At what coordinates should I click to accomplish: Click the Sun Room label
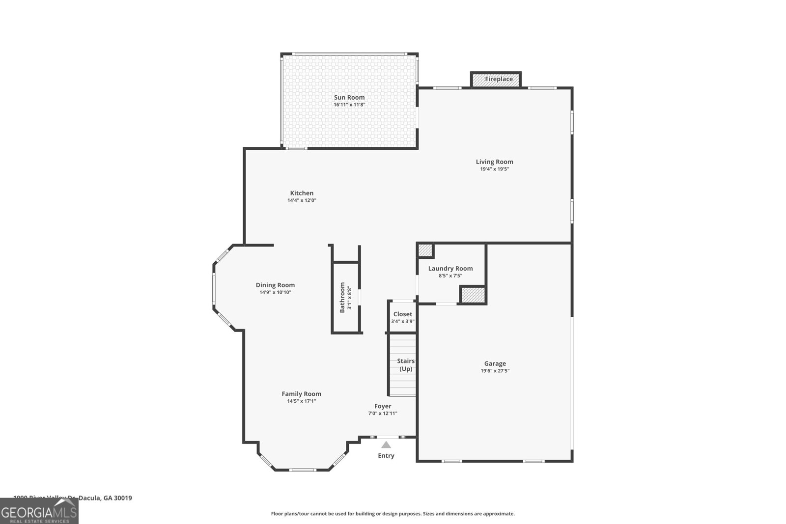click(x=349, y=97)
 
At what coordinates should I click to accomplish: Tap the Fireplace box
click(x=496, y=80)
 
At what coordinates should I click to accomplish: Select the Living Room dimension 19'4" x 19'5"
click(x=494, y=169)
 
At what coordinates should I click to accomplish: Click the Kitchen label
click(x=302, y=193)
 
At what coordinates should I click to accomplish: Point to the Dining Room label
click(x=275, y=285)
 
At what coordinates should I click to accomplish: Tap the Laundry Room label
click(x=450, y=268)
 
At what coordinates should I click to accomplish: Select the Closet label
click(x=402, y=314)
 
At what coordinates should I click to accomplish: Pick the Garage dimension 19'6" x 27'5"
click(x=495, y=371)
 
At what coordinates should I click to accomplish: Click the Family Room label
click(x=301, y=393)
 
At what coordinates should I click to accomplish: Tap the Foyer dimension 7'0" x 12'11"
click(x=383, y=414)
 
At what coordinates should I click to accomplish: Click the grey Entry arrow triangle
click(x=386, y=445)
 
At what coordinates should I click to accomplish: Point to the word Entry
click(x=386, y=456)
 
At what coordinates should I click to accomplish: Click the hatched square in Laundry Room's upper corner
click(x=424, y=250)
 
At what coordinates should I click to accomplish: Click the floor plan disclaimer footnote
click(x=393, y=514)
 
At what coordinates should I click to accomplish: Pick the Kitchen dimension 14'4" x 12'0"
click(x=302, y=200)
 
